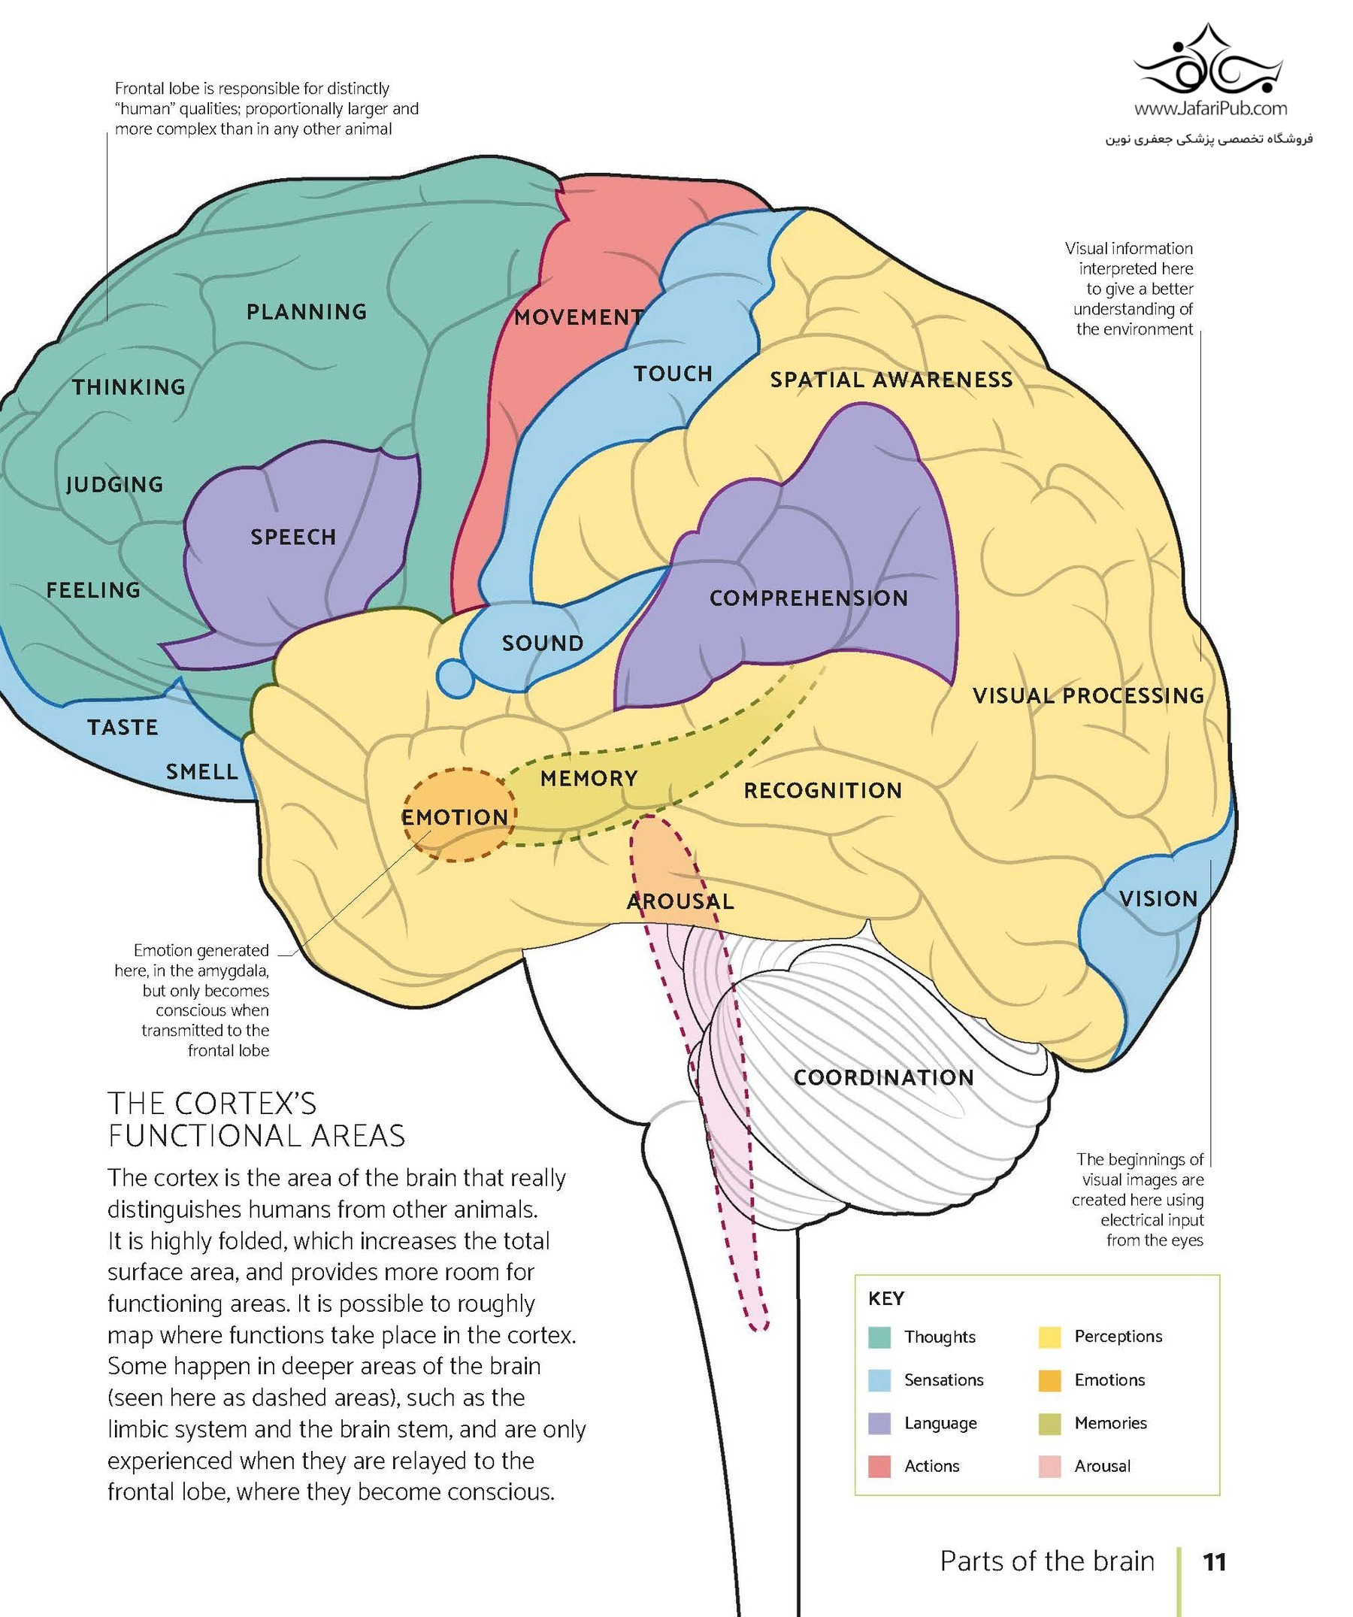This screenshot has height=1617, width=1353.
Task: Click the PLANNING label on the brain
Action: pyautogui.click(x=307, y=312)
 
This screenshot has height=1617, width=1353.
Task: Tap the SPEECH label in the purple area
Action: pyautogui.click(x=293, y=537)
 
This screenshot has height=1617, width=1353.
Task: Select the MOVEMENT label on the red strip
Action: pyautogui.click(x=578, y=317)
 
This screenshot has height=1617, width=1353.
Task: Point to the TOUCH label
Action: pyautogui.click(x=673, y=374)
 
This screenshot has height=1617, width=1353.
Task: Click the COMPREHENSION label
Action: pyautogui.click(x=809, y=598)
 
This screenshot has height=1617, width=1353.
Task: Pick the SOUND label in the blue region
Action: pyautogui.click(x=543, y=643)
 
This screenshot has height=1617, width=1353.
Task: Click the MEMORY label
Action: pyautogui.click(x=589, y=779)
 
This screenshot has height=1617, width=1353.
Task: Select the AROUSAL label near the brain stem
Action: pyautogui.click(x=680, y=901)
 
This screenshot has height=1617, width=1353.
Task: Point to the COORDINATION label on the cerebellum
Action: pyautogui.click(x=883, y=1077)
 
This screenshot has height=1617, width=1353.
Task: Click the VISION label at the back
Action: pyautogui.click(x=1158, y=898)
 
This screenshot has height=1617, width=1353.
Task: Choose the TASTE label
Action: pyautogui.click(x=123, y=727)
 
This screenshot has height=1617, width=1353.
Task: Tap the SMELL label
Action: pyautogui.click(x=201, y=771)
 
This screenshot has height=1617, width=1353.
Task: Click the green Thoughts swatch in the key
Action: pyautogui.click(x=879, y=1337)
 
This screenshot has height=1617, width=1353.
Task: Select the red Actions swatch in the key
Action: pyautogui.click(x=879, y=1466)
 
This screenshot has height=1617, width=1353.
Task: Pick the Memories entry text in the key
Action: pyautogui.click(x=1110, y=1423)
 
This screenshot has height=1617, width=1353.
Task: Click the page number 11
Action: pyautogui.click(x=1214, y=1561)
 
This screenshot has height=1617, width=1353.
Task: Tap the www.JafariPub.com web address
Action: pyautogui.click(x=1210, y=108)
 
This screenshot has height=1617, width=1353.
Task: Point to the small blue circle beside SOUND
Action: pyautogui.click(x=455, y=678)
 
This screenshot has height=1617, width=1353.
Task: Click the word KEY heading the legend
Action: pyautogui.click(x=885, y=1299)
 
